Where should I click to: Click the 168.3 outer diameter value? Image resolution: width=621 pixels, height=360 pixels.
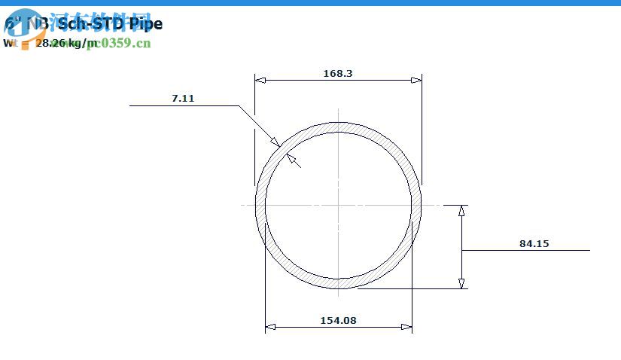click(x=338, y=73)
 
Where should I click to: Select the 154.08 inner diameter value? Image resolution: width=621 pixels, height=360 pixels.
click(x=338, y=320)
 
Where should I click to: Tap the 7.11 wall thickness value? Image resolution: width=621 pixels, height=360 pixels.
click(x=183, y=98)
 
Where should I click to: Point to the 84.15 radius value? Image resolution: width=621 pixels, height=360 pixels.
click(x=534, y=243)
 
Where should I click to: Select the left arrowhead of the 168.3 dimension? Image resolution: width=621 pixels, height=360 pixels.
click(x=260, y=80)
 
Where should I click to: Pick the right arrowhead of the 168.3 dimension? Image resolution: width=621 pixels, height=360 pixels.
click(x=416, y=80)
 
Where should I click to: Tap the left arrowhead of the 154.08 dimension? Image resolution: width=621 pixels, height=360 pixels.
click(x=270, y=327)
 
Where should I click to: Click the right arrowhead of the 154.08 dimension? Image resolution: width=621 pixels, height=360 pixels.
click(x=406, y=327)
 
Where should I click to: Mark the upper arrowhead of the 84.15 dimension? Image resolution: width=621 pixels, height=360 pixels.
click(x=461, y=210)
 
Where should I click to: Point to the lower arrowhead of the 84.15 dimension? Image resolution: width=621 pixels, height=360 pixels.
click(x=461, y=283)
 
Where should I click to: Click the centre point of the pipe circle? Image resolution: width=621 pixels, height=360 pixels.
click(x=338, y=204)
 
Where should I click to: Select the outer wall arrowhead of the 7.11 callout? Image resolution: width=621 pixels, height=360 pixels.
click(x=275, y=142)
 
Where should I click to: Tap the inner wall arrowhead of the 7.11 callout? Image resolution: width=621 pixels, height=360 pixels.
click(x=291, y=157)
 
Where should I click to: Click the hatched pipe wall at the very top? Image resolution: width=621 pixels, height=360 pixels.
click(x=338, y=126)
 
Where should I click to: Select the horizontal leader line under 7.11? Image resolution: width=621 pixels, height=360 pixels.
click(x=184, y=106)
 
